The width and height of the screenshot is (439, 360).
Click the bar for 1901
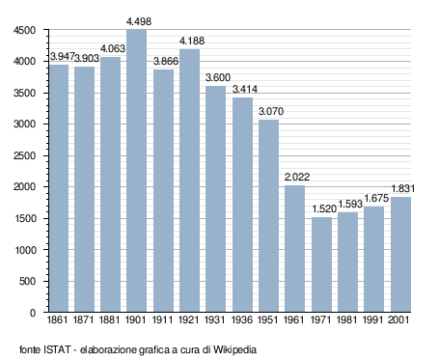click(x=136, y=171)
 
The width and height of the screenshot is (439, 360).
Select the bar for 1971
click(x=321, y=264)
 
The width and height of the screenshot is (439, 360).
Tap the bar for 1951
click(x=268, y=216)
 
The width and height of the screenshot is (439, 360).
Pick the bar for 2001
click(x=400, y=255)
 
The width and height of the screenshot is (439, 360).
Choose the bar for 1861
click(x=59, y=188)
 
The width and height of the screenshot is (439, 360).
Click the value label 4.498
click(x=139, y=21)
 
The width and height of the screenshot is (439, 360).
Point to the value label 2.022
click(x=297, y=177)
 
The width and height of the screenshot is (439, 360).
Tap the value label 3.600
click(x=218, y=77)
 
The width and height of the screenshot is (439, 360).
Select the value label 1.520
click(x=324, y=208)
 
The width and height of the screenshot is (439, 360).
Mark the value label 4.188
click(x=192, y=41)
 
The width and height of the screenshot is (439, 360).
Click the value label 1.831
click(x=403, y=188)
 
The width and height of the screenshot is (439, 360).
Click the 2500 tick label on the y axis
click(x=24, y=155)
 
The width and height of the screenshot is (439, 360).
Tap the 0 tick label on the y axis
click(x=33, y=313)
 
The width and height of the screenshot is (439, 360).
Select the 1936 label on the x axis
click(x=242, y=320)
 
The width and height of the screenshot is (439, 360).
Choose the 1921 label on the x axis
click(x=189, y=320)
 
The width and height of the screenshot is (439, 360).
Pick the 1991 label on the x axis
click(x=372, y=320)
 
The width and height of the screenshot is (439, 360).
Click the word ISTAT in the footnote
click(x=57, y=349)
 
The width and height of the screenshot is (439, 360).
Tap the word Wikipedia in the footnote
click(x=234, y=349)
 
